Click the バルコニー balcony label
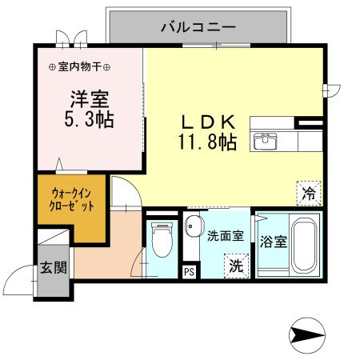point(198,26)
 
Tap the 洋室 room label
point(89,100)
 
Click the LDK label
point(206,123)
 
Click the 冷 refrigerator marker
point(309,191)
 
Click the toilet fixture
point(162,239)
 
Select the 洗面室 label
point(223,236)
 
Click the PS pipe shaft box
point(189,271)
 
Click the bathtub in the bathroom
point(304,246)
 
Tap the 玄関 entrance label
point(54,266)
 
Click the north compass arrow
point(307,334)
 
